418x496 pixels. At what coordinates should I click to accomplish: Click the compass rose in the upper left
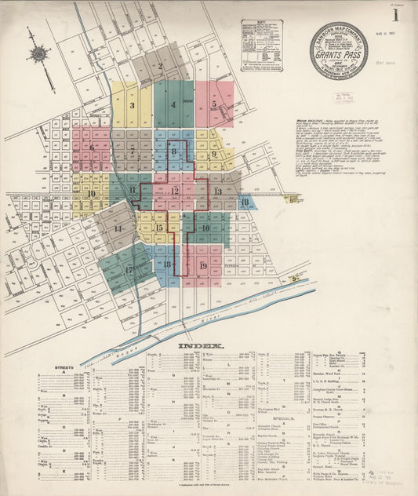[38, 54]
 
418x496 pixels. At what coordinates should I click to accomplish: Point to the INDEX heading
[202, 346]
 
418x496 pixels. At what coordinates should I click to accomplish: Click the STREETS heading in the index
[64, 367]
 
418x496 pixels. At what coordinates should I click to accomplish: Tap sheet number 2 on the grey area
[160, 67]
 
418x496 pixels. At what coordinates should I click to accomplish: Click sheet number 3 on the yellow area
[132, 105]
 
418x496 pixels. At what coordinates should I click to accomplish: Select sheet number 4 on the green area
[173, 104]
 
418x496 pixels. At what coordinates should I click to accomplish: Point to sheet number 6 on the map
[92, 148]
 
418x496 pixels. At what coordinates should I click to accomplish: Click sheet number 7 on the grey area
[133, 150]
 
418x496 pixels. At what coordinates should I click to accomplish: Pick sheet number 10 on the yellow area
[91, 193]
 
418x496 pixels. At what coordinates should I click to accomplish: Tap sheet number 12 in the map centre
[175, 191]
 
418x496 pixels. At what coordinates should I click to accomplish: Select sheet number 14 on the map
[118, 229]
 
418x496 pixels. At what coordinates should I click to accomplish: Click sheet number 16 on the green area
[205, 228]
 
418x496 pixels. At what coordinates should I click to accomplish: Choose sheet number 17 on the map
[129, 269]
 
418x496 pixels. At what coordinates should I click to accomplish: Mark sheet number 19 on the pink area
[203, 266]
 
